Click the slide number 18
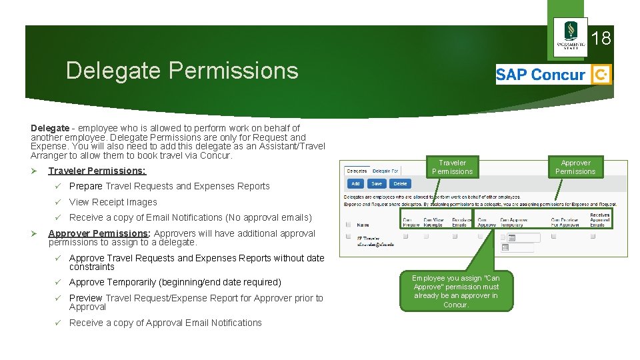(x=601, y=39)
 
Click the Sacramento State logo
(x=571, y=37)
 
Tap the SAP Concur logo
(x=553, y=75)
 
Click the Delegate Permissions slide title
(x=182, y=70)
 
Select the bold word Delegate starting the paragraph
(x=50, y=128)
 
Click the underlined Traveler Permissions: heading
(x=97, y=171)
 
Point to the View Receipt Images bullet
(x=113, y=202)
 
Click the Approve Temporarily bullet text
(x=175, y=282)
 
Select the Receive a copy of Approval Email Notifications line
(x=165, y=323)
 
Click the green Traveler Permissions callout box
(x=452, y=167)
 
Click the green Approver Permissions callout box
(x=575, y=167)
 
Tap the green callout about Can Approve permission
(x=455, y=291)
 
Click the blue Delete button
(x=400, y=183)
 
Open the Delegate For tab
(x=385, y=171)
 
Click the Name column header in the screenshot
(x=363, y=225)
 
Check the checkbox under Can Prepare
(x=405, y=236)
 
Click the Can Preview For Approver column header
(x=564, y=222)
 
